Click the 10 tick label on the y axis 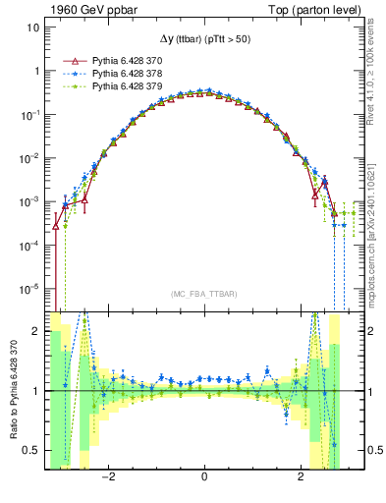click(32, 28)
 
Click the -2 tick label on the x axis click(110, 478)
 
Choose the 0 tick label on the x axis click(203, 478)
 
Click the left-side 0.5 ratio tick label click(32, 450)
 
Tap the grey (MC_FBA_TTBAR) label click(203, 295)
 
